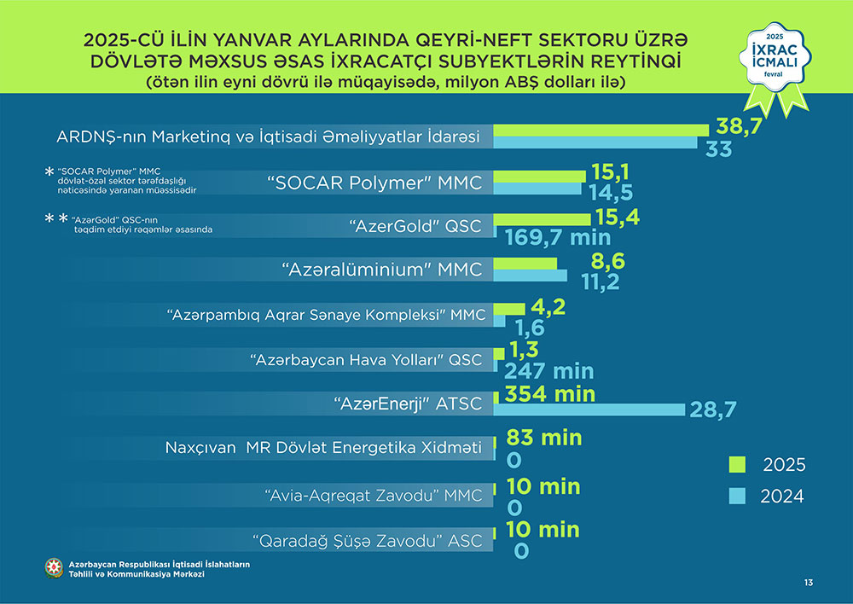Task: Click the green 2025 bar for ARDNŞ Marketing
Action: pos(601,129)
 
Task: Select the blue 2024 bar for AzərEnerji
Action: pos(589,410)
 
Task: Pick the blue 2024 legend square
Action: pos(737,495)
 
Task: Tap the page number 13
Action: pos(808,583)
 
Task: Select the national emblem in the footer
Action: pos(55,568)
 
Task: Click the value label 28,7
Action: pos(714,411)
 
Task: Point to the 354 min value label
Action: pos(549,394)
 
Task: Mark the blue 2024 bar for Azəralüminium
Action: pos(531,276)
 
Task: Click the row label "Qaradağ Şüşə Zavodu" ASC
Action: pos(368,541)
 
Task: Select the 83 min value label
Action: pos(544,438)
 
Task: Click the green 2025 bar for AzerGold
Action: pos(543,219)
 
